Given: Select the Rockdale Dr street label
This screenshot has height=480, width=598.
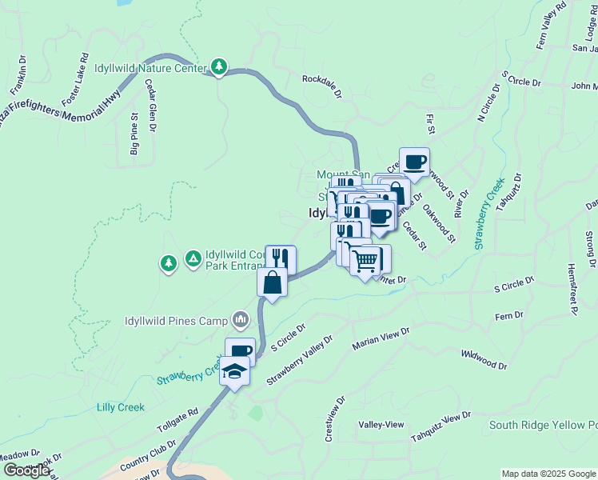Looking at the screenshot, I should coord(321,86).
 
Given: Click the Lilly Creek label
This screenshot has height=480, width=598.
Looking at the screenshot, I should coord(120,407).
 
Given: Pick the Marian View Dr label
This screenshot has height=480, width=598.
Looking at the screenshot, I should coord(381,338).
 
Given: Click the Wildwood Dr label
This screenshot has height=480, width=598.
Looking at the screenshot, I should coord(484,358).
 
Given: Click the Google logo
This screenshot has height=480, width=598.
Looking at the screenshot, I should coord(26,470).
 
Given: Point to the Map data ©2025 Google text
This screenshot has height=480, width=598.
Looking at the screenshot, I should coord(548,474).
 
